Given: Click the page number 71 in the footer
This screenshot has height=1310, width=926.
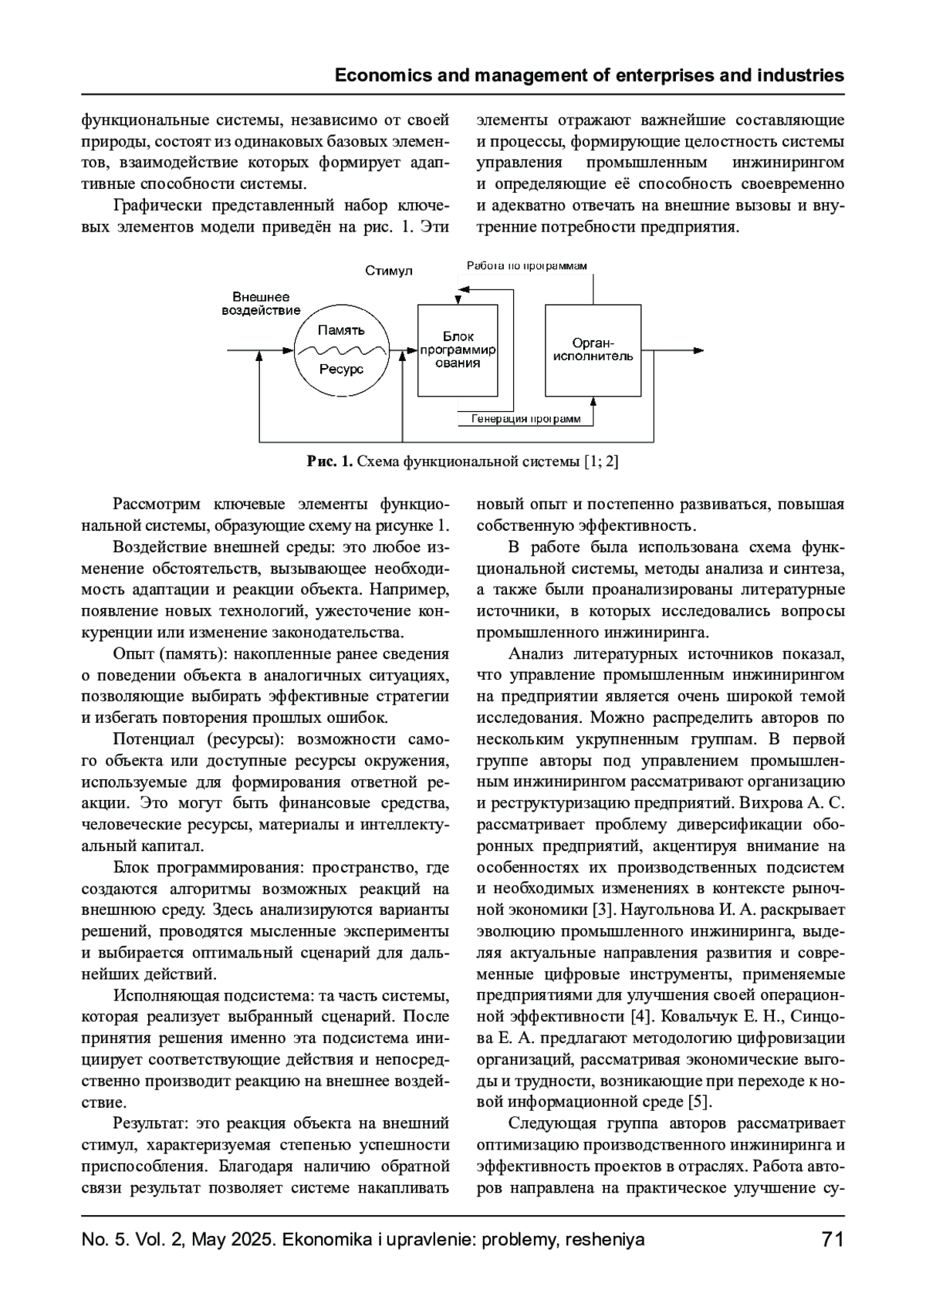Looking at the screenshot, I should click(x=832, y=1240).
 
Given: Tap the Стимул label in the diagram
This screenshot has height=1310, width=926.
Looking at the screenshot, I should click(x=389, y=271).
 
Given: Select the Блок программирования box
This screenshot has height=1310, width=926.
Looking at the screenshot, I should click(x=458, y=350).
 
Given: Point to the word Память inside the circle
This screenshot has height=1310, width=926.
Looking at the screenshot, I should click(x=341, y=330).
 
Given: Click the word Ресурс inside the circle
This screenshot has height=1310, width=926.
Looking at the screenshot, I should click(x=341, y=370).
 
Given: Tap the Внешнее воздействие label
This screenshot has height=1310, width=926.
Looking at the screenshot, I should click(x=261, y=304).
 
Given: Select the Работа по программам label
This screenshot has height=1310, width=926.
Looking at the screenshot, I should click(x=526, y=266).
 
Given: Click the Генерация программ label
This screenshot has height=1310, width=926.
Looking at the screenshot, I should click(x=526, y=419).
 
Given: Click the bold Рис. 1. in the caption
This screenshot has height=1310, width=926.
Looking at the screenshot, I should click(x=330, y=461).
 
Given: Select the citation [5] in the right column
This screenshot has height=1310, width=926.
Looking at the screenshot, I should click(x=700, y=1101).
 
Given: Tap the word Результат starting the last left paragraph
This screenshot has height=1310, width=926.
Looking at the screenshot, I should click(x=150, y=1123).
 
